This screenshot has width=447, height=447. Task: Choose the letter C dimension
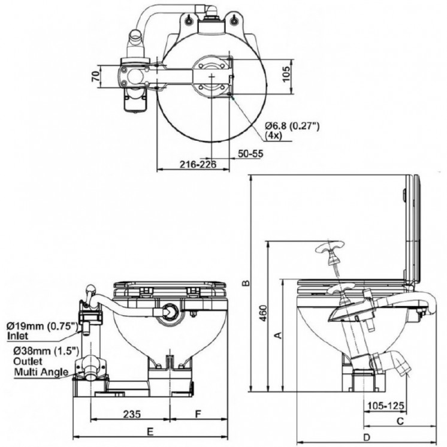[400, 421]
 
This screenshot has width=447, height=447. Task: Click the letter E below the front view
[150, 431]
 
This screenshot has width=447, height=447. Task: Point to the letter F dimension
[198, 413]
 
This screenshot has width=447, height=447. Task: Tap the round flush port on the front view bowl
[170, 312]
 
